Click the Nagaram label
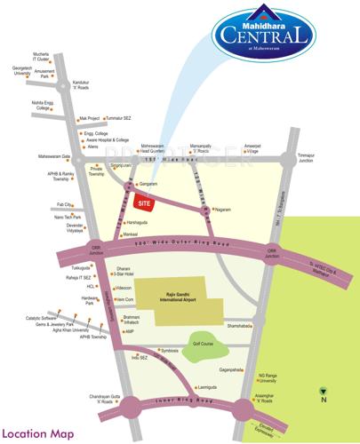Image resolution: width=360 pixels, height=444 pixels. click(221, 210)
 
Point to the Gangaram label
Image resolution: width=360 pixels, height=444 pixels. click(147, 184)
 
